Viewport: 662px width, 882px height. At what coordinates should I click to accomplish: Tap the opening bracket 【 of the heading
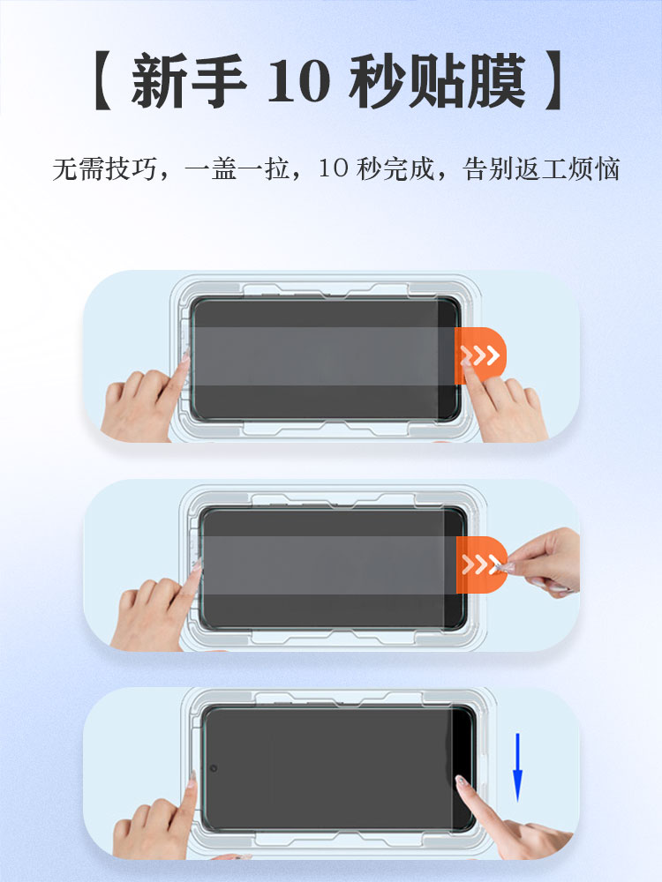[103, 80]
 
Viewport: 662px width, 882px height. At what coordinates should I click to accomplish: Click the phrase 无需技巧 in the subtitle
[104, 169]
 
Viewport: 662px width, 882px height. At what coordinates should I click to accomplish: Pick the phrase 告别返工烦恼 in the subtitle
[541, 169]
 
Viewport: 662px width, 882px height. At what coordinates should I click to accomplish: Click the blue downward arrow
[517, 766]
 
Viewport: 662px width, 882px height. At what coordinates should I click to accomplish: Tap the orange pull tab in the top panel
[480, 355]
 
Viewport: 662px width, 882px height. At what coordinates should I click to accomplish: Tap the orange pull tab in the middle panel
[481, 564]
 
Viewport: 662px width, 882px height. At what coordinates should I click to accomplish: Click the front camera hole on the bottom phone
[214, 768]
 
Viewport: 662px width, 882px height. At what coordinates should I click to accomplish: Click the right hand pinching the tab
[539, 563]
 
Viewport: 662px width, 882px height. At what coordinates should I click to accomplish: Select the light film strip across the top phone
[324, 356]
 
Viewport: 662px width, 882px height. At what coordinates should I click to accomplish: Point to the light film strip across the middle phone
[330, 564]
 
